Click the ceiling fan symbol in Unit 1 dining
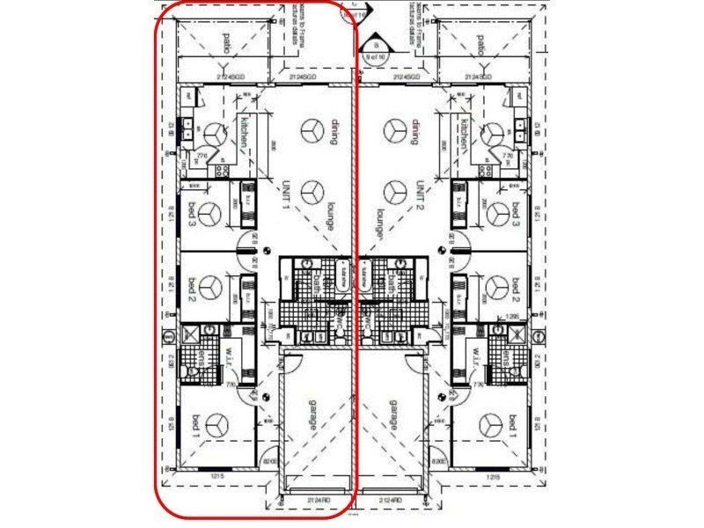311,130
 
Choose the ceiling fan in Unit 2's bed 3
497,213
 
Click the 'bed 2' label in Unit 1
191,287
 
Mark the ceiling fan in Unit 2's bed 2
497,287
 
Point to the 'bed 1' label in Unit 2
515,426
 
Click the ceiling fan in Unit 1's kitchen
216,132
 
